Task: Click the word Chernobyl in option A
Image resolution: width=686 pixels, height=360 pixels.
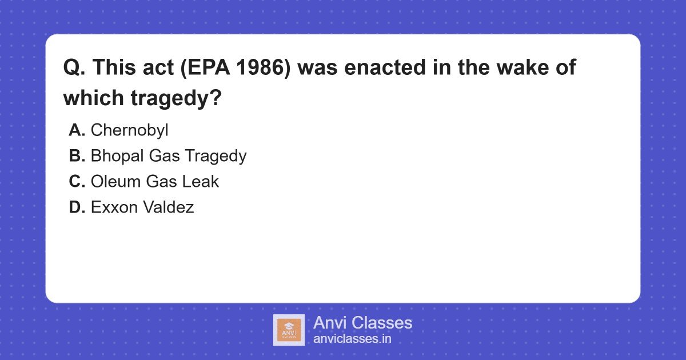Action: tap(129, 130)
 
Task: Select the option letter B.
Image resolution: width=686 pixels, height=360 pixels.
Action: tap(77, 156)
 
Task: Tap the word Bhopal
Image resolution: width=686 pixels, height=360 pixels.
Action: tap(115, 156)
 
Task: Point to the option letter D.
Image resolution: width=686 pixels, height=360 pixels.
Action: tap(77, 207)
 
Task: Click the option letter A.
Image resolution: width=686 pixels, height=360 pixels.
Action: tap(77, 130)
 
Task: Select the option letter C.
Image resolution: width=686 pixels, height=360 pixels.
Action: tap(77, 182)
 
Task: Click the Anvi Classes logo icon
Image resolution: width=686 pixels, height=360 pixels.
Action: tap(289, 330)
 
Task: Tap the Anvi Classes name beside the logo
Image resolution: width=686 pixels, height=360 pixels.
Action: tap(362, 323)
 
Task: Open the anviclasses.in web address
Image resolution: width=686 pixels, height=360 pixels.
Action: tap(352, 339)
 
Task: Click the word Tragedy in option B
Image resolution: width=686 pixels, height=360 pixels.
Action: tap(216, 156)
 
